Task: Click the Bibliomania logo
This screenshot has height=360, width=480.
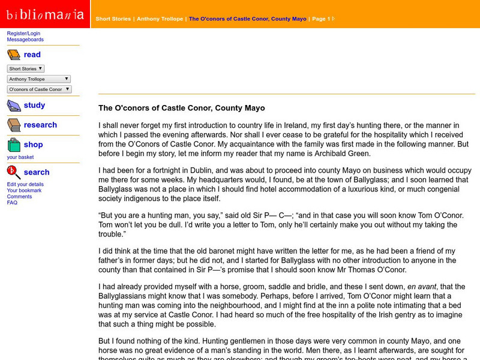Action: click(x=45, y=14)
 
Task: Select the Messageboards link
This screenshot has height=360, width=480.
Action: click(x=25, y=40)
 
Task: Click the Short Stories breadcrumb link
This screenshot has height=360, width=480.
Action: click(x=113, y=19)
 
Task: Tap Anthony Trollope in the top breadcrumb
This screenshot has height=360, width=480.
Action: click(x=160, y=19)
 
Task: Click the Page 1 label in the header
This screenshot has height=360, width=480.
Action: click(x=320, y=19)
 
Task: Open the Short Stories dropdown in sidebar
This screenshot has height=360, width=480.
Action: click(x=26, y=68)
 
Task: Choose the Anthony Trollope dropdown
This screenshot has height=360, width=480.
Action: click(x=39, y=79)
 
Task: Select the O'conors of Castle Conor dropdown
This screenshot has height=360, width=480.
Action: click(x=39, y=89)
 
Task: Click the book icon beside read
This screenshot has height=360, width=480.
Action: click(x=14, y=55)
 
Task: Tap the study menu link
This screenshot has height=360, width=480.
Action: click(x=34, y=105)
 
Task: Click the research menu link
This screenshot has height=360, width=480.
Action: click(x=40, y=125)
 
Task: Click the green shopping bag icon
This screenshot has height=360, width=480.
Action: click(x=14, y=145)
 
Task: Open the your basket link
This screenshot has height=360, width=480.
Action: click(x=20, y=157)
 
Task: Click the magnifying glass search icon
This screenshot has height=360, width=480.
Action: click(x=14, y=173)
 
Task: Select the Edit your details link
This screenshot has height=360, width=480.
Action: click(x=25, y=184)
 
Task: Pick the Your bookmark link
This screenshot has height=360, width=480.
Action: click(x=24, y=190)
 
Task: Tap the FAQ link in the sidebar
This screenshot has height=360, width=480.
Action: click(x=12, y=203)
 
